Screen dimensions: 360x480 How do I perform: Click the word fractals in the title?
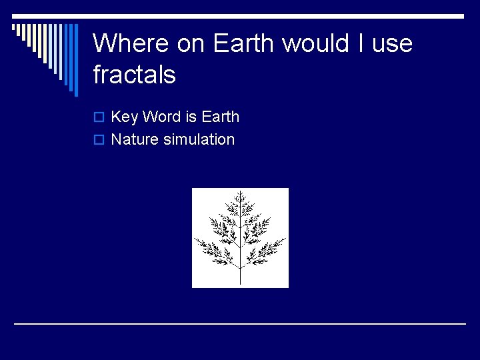coord(134,75)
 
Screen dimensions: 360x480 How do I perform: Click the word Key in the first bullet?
coord(125,117)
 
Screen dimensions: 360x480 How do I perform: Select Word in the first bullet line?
coord(161,117)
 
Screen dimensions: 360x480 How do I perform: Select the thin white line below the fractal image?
coord(240,323)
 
